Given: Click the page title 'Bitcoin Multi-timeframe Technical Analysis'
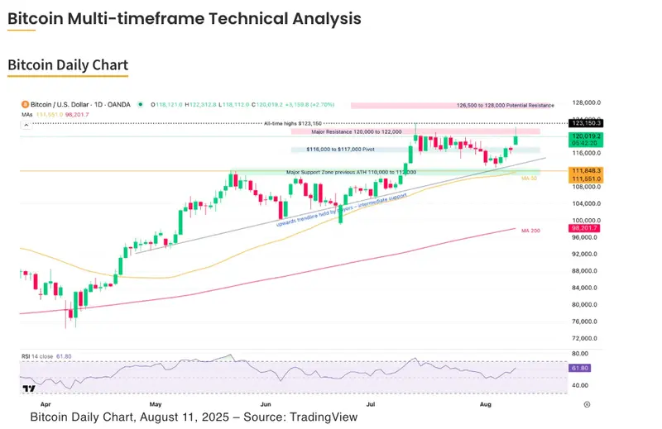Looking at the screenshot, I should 184,18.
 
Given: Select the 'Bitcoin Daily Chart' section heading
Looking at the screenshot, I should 68,64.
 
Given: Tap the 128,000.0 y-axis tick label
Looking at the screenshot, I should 586,102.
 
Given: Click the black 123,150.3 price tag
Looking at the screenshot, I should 584,122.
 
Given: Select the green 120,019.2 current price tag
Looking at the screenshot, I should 584,135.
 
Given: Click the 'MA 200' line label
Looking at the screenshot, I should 530,231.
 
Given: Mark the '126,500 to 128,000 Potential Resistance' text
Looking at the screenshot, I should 506,106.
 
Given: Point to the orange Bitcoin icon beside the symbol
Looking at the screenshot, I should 24,105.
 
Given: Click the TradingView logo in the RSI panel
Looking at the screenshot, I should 28,388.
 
